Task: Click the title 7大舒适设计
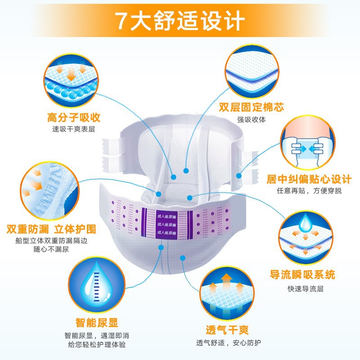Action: point(180,20)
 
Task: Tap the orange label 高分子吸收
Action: point(74,118)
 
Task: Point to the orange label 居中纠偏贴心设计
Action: point(306,179)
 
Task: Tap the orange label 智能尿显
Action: point(97,323)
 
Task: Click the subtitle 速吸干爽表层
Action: point(74,130)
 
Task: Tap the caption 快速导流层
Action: point(302,288)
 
